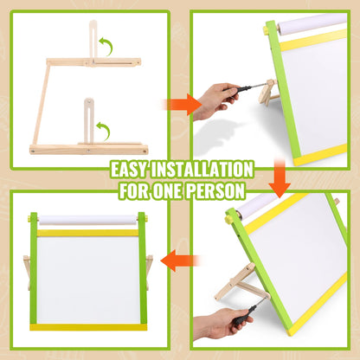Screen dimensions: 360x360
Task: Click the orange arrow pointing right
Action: (x=177, y=106)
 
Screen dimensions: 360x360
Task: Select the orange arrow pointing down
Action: (x=279, y=179)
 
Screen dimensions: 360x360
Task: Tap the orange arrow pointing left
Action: (x=181, y=257)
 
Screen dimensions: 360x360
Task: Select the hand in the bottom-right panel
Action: (x=212, y=325)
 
